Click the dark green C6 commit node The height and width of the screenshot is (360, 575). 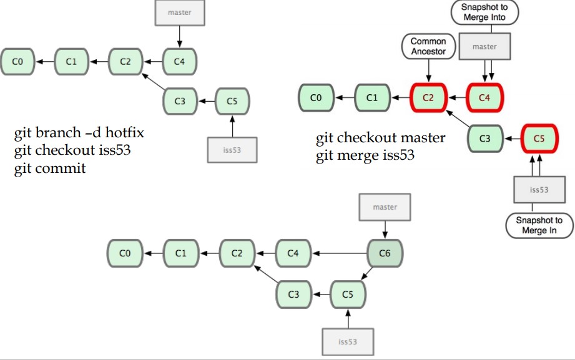coord(385,253)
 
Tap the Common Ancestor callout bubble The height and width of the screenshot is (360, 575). coord(428,47)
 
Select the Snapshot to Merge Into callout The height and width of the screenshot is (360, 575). coord(484,12)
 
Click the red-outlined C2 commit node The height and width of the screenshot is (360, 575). coord(428,97)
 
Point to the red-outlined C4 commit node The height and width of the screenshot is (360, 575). coord(484,97)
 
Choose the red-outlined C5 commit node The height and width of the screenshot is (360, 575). coord(539,139)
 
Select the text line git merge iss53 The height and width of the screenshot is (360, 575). coord(365,155)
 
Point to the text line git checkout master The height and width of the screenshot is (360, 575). coord(380,138)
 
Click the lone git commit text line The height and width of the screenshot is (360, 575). coord(50,168)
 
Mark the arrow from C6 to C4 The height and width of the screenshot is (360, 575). coord(340,253)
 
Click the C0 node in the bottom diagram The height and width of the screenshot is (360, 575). coord(125,253)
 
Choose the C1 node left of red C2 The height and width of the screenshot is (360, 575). coord(372,97)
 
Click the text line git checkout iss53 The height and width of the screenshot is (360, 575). coord(72,151)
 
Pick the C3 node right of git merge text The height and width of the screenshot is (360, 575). coord(485,139)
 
